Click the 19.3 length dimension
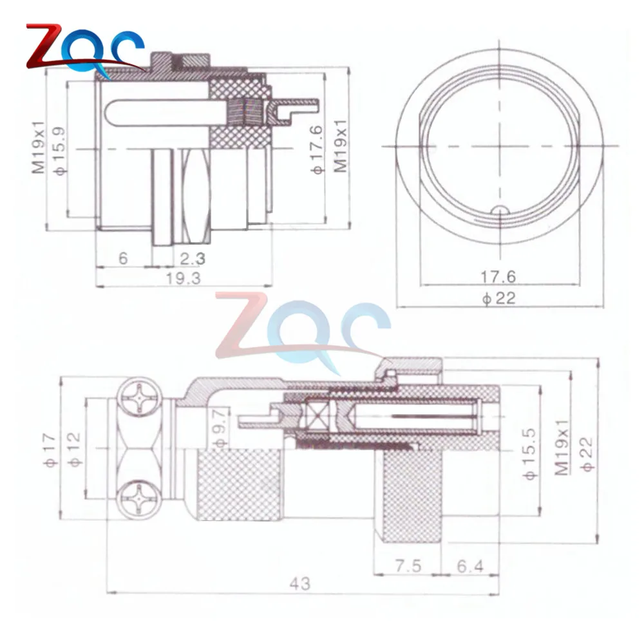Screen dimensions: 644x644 click(183, 279)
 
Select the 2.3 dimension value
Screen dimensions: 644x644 click(193, 259)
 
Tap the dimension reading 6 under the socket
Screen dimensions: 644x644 click(123, 258)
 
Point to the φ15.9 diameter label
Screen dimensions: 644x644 click(60, 151)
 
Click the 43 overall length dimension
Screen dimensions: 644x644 click(300, 583)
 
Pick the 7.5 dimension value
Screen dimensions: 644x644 click(408, 566)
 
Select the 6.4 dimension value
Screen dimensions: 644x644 click(470, 566)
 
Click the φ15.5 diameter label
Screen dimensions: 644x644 click(530, 454)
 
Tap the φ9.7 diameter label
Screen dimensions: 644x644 click(220, 427)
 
